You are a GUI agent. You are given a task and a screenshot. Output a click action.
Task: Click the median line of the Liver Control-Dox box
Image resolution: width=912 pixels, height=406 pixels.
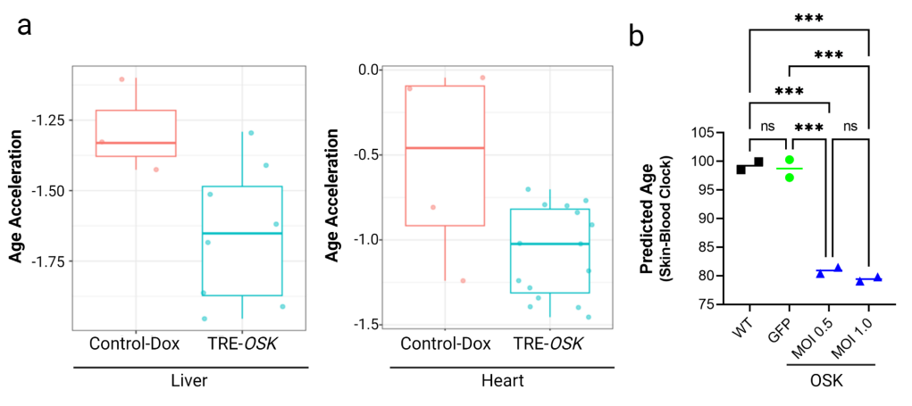(136, 143)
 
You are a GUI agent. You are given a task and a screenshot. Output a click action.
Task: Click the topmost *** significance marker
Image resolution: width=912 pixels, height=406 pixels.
(808, 17)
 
